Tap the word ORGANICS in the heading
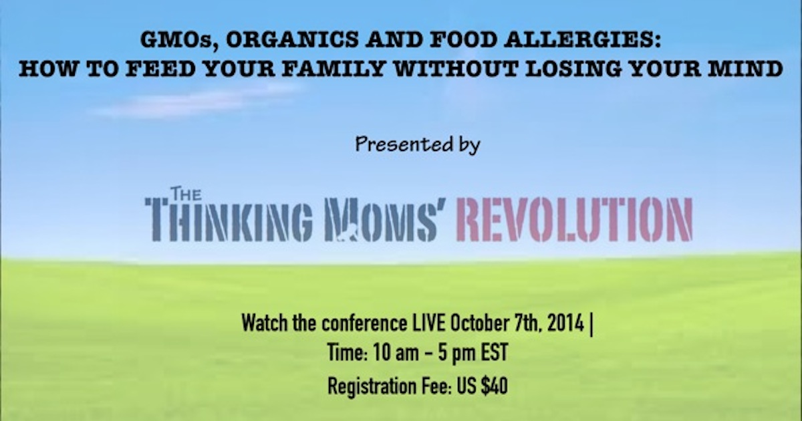pos(292,39)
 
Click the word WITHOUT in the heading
pos(454,68)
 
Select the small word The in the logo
pos(186,194)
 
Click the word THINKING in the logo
pos(229,219)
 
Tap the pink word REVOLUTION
pos(574,219)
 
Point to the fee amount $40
pos(495,386)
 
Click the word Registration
pos(372,387)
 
